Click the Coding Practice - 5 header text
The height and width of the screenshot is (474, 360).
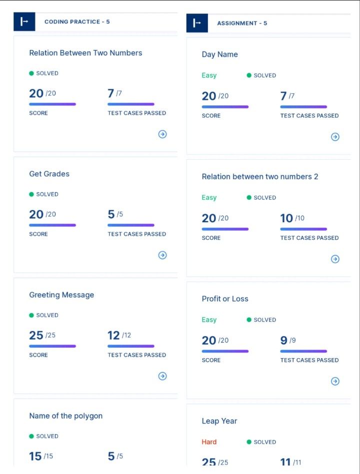click(x=77, y=22)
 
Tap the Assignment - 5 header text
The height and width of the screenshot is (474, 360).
click(x=242, y=23)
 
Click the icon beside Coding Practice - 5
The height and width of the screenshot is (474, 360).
click(x=24, y=22)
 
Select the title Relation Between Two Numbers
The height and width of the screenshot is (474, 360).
click(x=85, y=53)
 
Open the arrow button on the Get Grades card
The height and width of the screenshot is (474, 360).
click(x=162, y=255)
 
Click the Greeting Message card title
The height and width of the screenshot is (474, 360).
click(x=61, y=295)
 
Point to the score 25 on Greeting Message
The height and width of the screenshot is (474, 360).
click(x=36, y=336)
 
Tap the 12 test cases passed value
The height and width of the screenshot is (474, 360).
click(x=113, y=336)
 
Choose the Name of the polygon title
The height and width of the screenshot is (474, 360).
click(x=65, y=416)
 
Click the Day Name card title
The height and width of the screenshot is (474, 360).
click(x=219, y=54)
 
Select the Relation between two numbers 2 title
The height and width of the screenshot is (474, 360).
click(x=259, y=177)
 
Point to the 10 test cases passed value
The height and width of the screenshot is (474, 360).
click(x=286, y=218)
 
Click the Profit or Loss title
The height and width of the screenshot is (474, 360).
click(x=225, y=299)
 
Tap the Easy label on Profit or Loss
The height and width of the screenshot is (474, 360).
click(x=209, y=320)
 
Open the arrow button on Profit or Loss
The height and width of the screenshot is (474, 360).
click(x=335, y=382)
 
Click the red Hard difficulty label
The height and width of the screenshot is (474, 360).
click(x=209, y=442)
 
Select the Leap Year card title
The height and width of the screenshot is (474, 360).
click(x=219, y=421)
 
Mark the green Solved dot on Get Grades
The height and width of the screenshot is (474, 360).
click(x=31, y=194)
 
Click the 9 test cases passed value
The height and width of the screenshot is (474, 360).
click(x=284, y=341)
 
